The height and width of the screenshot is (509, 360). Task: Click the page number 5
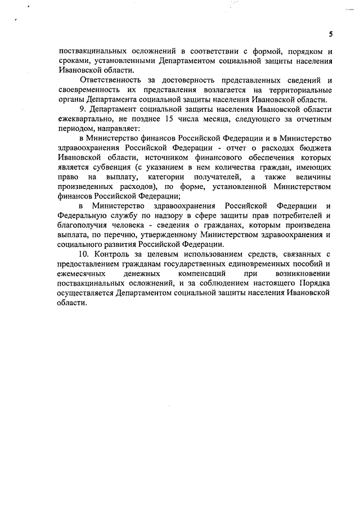point(331,34)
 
